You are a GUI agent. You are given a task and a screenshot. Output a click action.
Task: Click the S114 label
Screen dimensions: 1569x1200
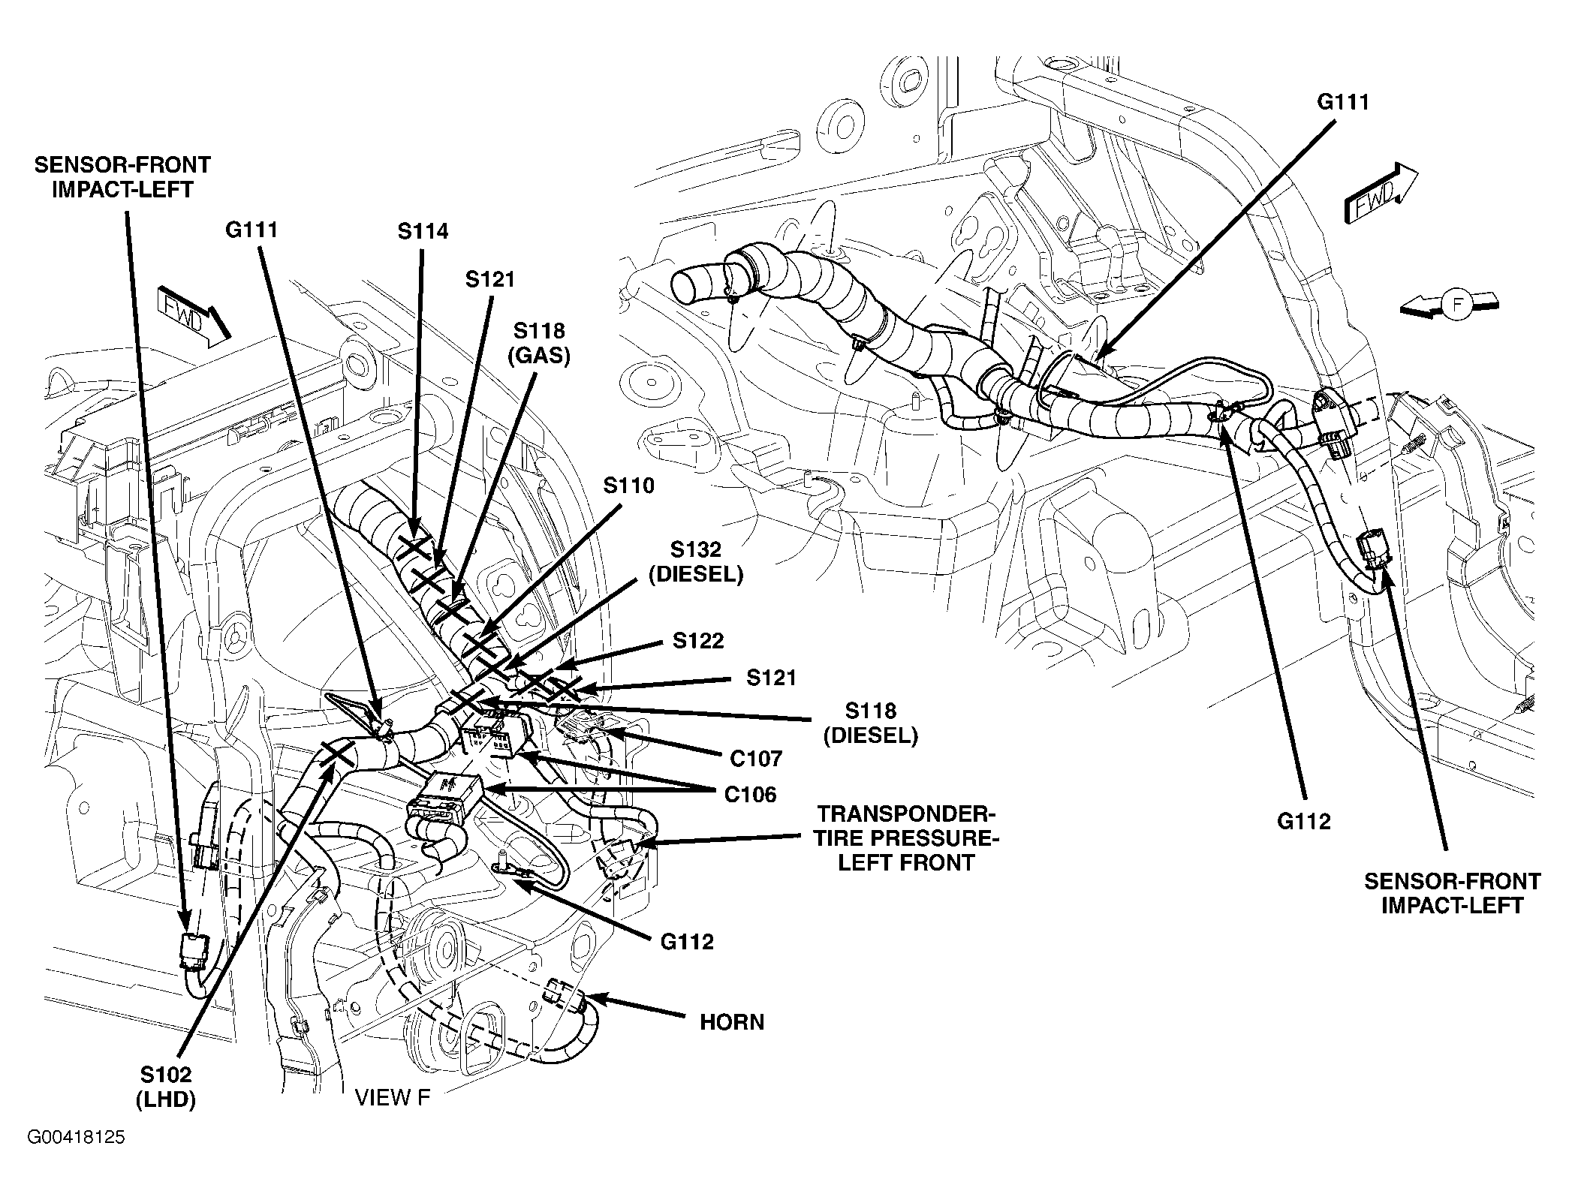[x=423, y=231]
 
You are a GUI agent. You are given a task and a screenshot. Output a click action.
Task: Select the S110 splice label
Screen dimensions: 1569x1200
[x=629, y=486]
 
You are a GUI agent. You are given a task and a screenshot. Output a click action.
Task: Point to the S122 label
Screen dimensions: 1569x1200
[x=698, y=640]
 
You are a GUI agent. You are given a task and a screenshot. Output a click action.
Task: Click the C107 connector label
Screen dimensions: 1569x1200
[x=756, y=759]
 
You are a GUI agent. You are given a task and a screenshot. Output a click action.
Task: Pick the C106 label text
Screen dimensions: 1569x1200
[x=751, y=794]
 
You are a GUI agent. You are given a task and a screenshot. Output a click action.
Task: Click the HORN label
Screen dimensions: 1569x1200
[x=732, y=1022]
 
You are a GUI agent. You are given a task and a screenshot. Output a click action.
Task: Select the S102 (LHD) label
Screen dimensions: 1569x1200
[x=166, y=1087]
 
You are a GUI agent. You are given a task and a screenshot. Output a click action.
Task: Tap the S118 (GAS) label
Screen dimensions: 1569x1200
[x=540, y=343]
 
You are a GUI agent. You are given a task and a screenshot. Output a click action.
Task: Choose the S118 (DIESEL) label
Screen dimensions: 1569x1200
[x=871, y=723]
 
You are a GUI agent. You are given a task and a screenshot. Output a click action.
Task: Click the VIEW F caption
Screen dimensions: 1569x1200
[x=393, y=1098]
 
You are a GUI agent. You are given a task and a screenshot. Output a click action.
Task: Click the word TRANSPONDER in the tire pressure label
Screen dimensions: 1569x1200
[x=906, y=814]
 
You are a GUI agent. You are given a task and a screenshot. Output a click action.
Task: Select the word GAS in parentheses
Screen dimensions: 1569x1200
[x=540, y=356]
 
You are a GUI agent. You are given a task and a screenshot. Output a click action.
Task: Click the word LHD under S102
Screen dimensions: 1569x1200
[x=166, y=1099]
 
